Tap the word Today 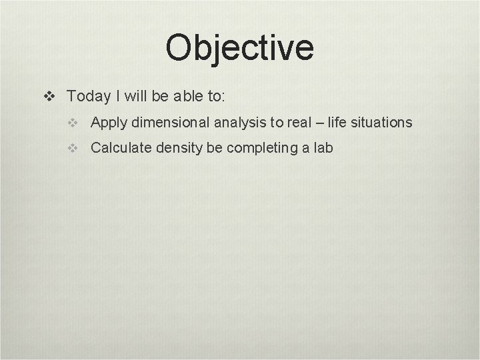coord(89,97)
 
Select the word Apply coord(109,123)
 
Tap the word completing coord(260,148)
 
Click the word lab coord(323,148)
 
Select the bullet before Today coord(49,97)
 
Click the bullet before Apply coord(73,123)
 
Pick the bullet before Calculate coord(73,149)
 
